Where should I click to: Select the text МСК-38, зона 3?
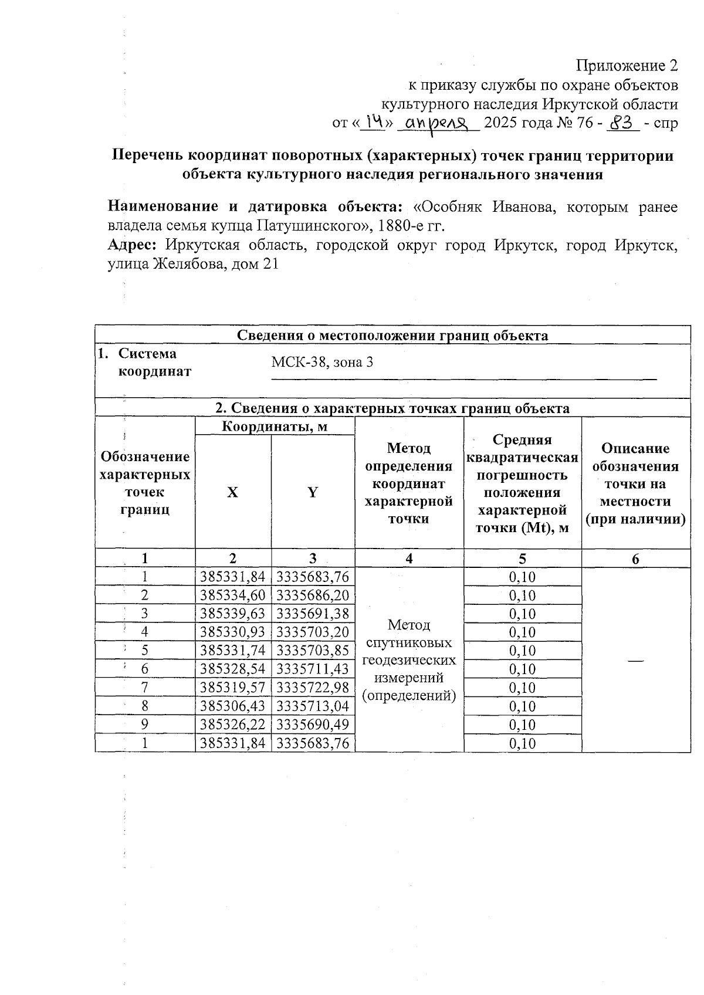coord(322,362)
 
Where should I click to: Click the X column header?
coord(233,492)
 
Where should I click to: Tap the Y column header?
coord(313,492)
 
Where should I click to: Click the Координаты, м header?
coord(275,427)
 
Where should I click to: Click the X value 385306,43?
coord(233,706)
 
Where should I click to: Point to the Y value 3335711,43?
coord(313,669)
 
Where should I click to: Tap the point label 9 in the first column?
coord(144,725)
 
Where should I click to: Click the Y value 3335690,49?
coord(313,725)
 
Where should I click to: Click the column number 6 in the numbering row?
coord(635,559)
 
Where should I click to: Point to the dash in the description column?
coord(635,661)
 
